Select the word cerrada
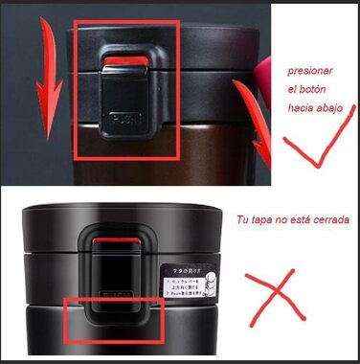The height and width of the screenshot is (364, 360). (327, 220)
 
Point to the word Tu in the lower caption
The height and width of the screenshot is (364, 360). (241, 220)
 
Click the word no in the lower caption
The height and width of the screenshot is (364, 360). (279, 220)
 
